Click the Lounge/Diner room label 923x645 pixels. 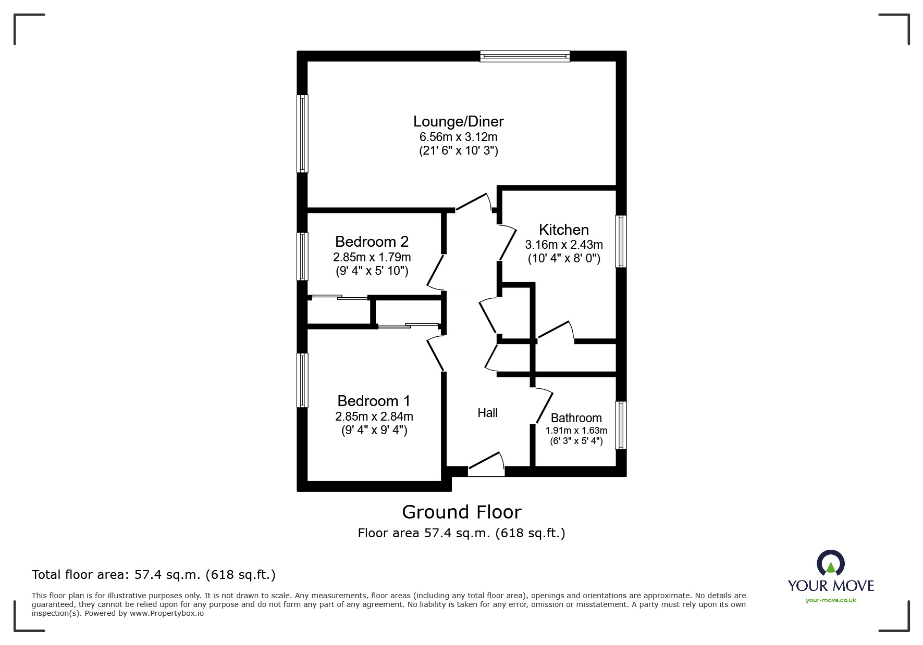click(x=458, y=122)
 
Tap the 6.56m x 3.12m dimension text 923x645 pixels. click(x=458, y=137)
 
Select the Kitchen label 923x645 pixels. click(x=563, y=230)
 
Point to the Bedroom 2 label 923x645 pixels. click(x=372, y=242)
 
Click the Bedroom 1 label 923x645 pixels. click(x=374, y=401)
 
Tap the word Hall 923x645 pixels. click(x=487, y=413)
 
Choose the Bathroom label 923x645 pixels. click(x=576, y=418)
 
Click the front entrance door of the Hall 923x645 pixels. click(x=486, y=464)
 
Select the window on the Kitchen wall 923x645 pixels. click(x=621, y=241)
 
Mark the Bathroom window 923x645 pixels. click(x=621, y=425)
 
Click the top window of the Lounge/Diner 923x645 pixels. click(x=525, y=56)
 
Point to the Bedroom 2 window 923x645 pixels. click(x=302, y=256)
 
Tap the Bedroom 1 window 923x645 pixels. click(x=302, y=380)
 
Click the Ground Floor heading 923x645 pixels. click(x=461, y=512)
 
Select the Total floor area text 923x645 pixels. click(x=154, y=575)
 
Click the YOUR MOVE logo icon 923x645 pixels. click(x=830, y=564)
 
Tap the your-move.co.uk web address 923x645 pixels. click(x=831, y=600)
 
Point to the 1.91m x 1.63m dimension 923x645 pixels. click(x=576, y=431)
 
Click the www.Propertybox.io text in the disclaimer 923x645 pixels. click(x=166, y=613)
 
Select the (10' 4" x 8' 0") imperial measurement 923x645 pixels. click(x=564, y=258)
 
